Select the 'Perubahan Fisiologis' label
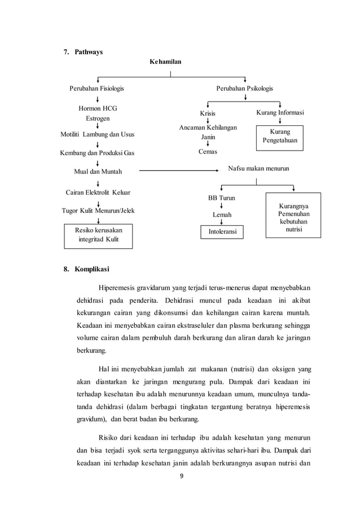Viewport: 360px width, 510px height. click(96, 89)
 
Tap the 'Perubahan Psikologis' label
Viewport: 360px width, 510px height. click(244, 89)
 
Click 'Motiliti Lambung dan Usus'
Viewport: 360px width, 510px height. click(98, 135)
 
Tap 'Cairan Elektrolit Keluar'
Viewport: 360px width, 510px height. click(98, 192)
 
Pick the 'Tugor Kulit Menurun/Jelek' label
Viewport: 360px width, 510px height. click(98, 212)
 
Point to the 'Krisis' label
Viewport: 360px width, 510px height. click(208, 113)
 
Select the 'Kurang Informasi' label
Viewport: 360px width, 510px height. click(280, 113)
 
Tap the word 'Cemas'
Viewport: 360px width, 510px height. click(208, 152)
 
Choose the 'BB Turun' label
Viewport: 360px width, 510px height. click(222, 198)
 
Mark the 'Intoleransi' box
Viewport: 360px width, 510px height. click(222, 231)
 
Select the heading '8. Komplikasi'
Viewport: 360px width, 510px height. click(86, 269)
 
